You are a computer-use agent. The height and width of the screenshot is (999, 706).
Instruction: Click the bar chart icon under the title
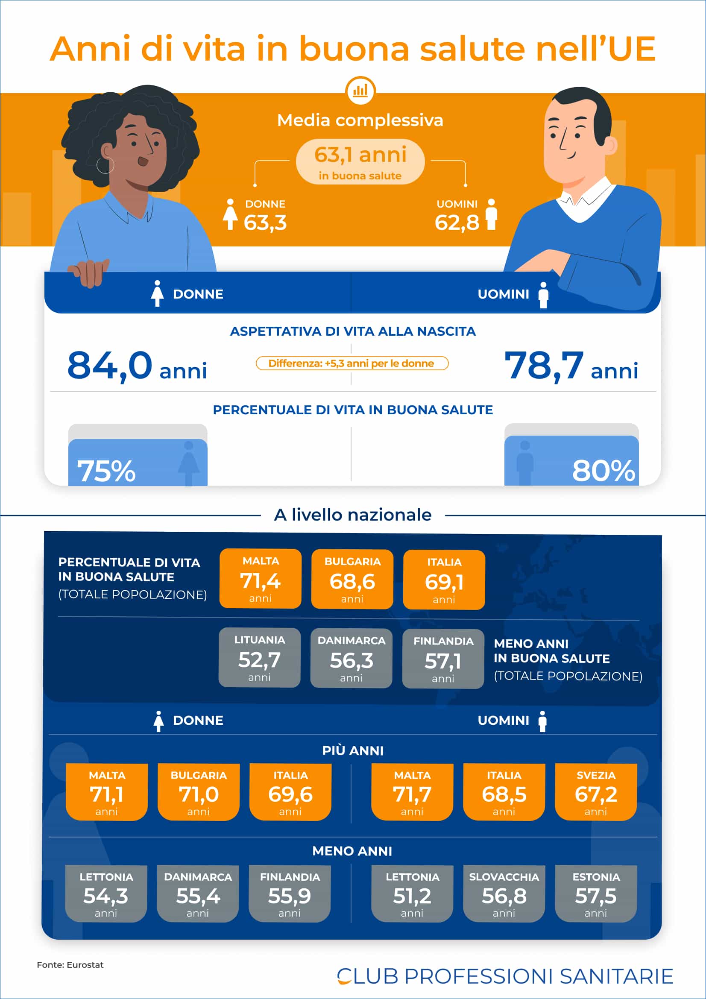coord(360,91)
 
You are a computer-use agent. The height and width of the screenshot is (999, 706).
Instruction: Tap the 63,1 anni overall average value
coord(360,155)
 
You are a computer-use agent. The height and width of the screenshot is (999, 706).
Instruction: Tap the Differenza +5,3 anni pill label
coord(352,363)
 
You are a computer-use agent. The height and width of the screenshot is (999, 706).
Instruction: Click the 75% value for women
coord(107,471)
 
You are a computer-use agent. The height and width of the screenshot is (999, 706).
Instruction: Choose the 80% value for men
coord(603,471)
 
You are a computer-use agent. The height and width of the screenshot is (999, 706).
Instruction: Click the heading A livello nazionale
coord(352,515)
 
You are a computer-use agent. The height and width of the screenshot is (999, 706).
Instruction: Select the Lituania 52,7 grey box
coord(259,657)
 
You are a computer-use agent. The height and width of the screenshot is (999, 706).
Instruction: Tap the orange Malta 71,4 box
coord(260,579)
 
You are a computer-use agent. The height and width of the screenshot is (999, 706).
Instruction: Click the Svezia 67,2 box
coord(595,792)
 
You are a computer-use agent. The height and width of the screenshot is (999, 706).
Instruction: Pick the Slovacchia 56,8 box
coord(504,894)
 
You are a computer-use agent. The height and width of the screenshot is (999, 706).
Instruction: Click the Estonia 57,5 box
coord(595,894)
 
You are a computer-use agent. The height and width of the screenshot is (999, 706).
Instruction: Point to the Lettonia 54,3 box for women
coord(106,894)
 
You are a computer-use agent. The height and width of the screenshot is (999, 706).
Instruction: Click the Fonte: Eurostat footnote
coord(70,965)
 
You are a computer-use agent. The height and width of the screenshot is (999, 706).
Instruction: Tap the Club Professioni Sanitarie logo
coord(504,976)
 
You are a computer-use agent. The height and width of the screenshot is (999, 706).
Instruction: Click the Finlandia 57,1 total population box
coord(443,659)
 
